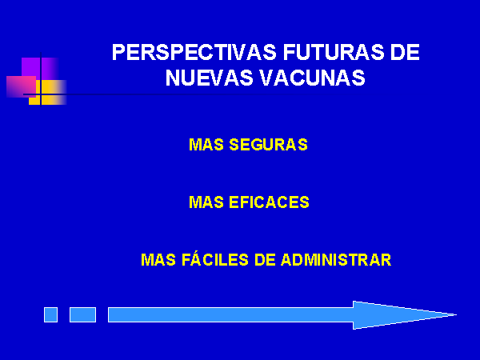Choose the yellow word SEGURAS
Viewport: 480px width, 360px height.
coord(269,145)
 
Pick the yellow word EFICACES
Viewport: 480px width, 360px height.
coord(269,202)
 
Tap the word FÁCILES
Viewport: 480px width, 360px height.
coord(215,259)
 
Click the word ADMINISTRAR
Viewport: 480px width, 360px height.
coord(336,260)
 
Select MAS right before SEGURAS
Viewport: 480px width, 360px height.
coord(206,145)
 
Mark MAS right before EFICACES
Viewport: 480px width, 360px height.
coord(206,202)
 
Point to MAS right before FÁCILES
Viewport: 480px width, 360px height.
coord(158,260)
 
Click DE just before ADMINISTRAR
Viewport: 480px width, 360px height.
coord(265,260)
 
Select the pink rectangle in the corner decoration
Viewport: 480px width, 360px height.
coord(21,87)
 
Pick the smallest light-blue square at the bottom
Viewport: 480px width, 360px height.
coord(51,314)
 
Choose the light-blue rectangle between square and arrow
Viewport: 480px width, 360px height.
coord(82,314)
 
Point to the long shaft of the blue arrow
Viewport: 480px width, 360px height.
coord(231,314)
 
